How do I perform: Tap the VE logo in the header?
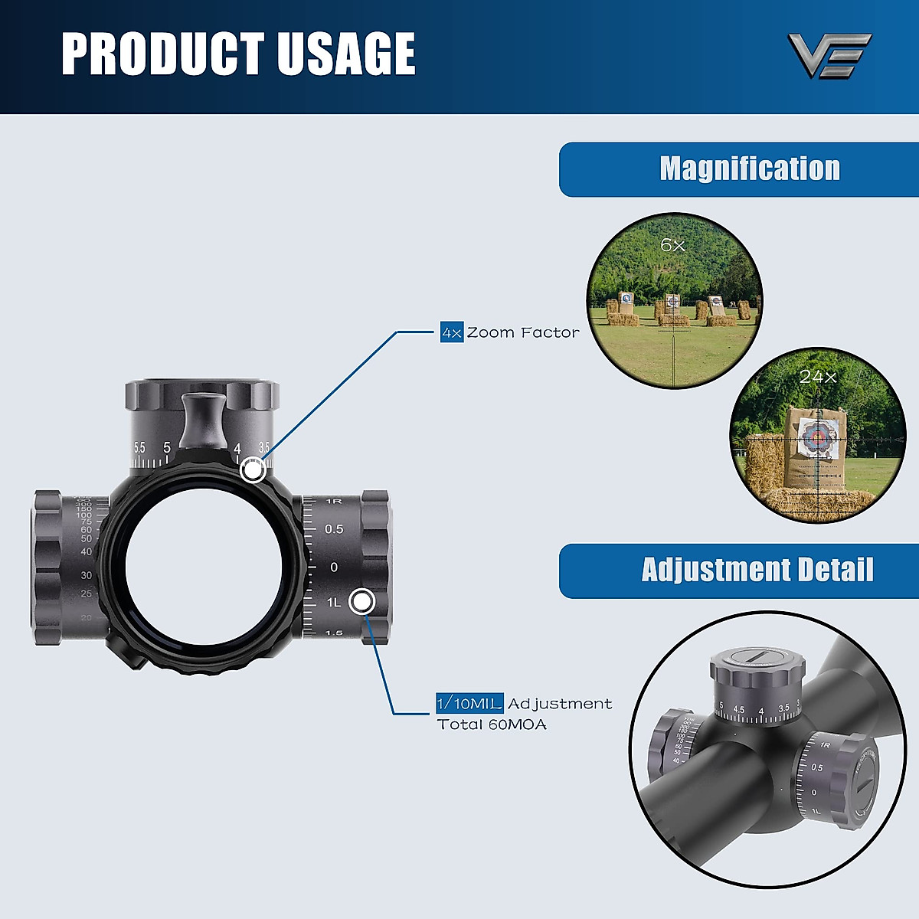pos(829,54)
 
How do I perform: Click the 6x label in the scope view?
pos(672,245)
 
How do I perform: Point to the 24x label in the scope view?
pos(818,377)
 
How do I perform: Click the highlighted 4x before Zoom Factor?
pos(452,332)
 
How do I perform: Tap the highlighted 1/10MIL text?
pos(469,703)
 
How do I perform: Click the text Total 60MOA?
pos(492,724)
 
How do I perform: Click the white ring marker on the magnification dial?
pos(253,469)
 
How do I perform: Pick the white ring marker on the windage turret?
pos(361,602)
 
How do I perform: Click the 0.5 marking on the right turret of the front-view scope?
pos(334,529)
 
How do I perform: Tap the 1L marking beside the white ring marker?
pos(334,603)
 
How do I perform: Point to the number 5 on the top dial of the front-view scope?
pos(167,447)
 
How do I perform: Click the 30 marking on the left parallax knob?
pos(87,575)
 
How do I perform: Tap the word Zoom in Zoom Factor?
pos(491,332)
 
